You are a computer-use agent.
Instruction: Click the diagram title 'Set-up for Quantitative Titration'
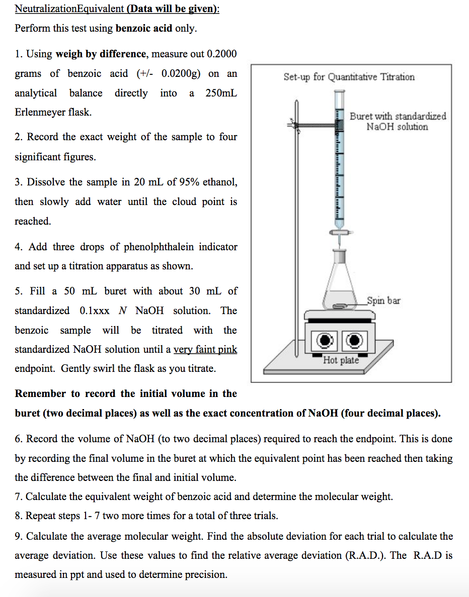coord(349,77)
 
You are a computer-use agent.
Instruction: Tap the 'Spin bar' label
coord(383,301)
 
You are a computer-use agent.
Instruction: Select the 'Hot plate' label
coord(341,360)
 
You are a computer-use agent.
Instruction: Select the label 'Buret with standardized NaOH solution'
coord(398,121)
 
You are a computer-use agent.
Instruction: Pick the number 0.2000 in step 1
coord(218,54)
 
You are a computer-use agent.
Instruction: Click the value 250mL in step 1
coord(221,93)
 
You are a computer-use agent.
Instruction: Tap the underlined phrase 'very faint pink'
coord(205,349)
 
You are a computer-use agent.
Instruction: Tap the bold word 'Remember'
coord(40,393)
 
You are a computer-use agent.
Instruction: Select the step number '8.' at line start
coord(19,516)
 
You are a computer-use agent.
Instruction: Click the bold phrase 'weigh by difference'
coord(102,54)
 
